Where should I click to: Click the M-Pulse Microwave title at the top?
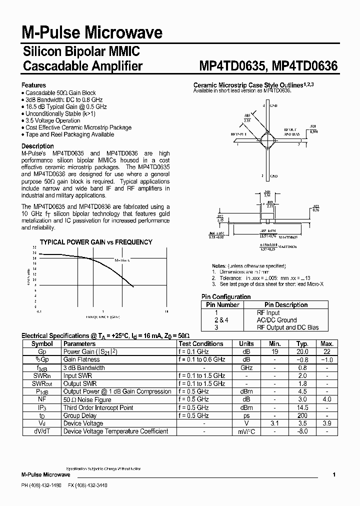point(92,33)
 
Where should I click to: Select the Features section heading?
point(33,85)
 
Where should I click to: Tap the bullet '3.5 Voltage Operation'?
point(52,120)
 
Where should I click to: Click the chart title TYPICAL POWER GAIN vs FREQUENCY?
point(96,242)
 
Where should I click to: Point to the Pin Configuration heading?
point(226,296)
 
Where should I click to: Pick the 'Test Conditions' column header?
point(200,344)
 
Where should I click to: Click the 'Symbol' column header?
point(42,344)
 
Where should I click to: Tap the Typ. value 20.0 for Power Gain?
point(302,352)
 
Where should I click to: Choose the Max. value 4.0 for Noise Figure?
point(327,399)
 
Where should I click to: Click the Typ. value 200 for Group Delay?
point(302,415)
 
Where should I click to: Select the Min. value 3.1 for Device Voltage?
point(274,423)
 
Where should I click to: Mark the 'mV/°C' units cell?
point(246,431)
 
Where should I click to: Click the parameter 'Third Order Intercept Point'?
point(98,407)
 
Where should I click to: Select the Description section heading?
point(37,146)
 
